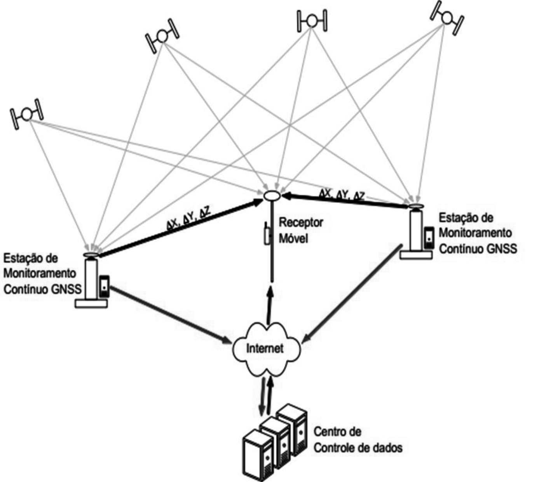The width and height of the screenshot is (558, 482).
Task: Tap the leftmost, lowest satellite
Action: [26, 114]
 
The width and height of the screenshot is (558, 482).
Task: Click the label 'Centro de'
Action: [337, 432]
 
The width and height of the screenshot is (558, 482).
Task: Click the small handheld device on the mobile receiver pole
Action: [267, 234]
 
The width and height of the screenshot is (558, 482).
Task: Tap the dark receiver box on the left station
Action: [104, 286]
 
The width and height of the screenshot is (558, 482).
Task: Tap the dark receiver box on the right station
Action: [429, 237]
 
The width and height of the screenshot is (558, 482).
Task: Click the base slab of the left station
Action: [91, 304]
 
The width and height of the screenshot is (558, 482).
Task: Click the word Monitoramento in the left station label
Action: [40, 273]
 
